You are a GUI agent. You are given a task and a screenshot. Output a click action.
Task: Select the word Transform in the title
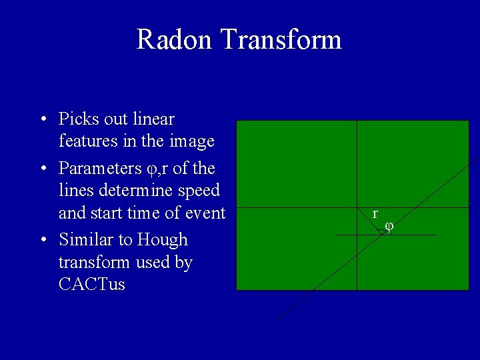(x=281, y=39)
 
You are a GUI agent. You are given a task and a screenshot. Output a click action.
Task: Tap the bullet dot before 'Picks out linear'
(x=43, y=120)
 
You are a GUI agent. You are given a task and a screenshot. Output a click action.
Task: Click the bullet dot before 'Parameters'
(x=43, y=168)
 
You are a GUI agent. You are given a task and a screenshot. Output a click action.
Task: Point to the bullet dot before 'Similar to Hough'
(x=43, y=240)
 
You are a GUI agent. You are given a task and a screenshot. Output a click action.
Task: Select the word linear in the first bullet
(x=153, y=119)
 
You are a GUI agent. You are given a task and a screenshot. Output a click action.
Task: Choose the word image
(x=192, y=141)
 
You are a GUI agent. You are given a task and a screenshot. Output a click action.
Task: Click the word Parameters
(x=99, y=168)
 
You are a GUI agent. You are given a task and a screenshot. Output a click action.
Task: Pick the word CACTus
(x=91, y=285)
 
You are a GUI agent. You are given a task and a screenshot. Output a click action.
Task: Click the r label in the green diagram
(x=375, y=214)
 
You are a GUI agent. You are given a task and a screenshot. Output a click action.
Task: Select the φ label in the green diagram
(x=389, y=226)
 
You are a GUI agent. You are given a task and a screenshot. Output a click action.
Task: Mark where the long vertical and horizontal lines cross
(x=357, y=207)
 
